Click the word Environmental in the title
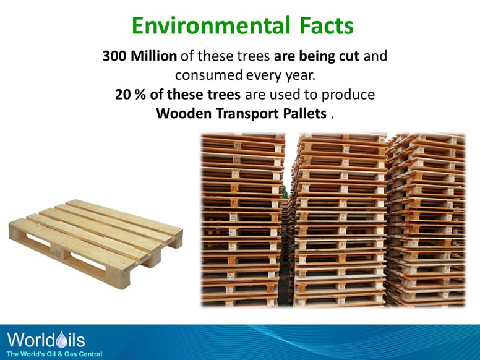pos(205,26)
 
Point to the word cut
pos(348,57)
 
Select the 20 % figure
pos(128,95)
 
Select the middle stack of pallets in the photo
pos(339,220)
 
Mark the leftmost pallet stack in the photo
pos(242,220)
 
